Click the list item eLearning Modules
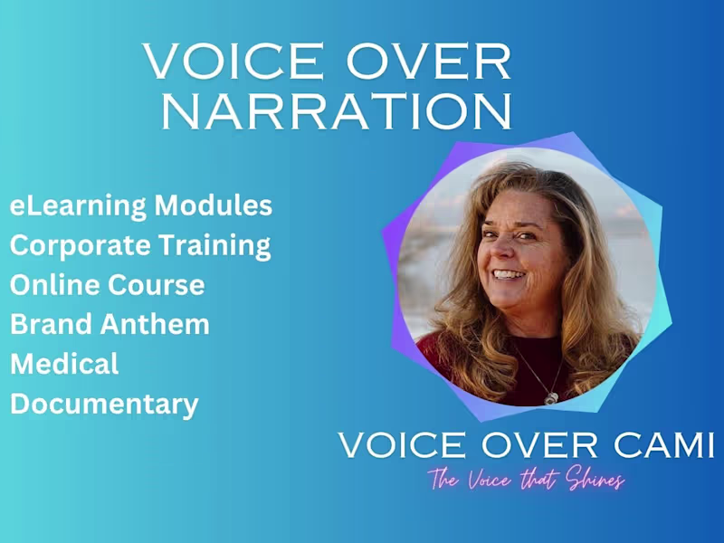(x=140, y=205)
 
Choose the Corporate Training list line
(x=140, y=245)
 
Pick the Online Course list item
(x=107, y=285)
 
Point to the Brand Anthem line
(x=110, y=324)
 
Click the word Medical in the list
(x=64, y=364)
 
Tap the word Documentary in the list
(x=104, y=404)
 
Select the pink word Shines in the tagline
(x=594, y=481)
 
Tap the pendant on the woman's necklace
(x=550, y=396)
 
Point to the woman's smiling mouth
(x=509, y=273)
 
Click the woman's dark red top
(x=480, y=367)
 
